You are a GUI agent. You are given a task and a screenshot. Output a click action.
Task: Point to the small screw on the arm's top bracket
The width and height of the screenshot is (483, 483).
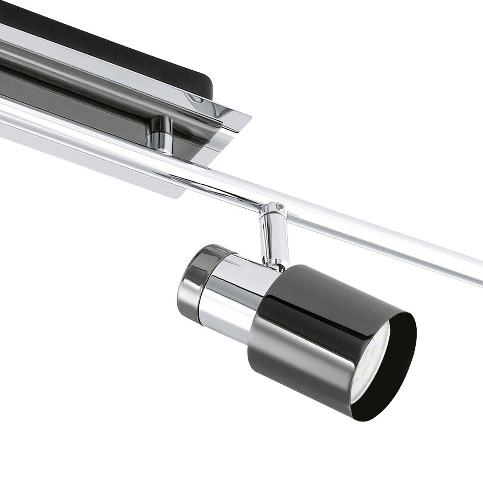278,207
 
